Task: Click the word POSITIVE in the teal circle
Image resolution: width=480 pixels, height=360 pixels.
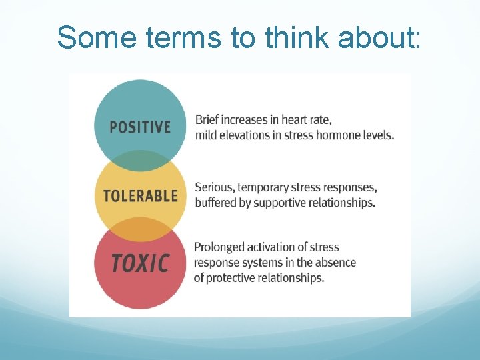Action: [x=140, y=127]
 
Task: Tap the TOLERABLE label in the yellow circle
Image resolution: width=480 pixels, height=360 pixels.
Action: [x=140, y=196]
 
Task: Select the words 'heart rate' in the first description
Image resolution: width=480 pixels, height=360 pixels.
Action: [x=306, y=120]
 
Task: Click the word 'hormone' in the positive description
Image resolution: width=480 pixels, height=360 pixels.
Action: [x=340, y=135]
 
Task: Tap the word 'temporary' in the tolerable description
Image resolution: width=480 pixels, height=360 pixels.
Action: [x=265, y=187]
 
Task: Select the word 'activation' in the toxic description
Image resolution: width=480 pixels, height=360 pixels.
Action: [x=275, y=247]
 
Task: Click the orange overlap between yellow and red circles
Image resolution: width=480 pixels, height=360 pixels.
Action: [x=140, y=229]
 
